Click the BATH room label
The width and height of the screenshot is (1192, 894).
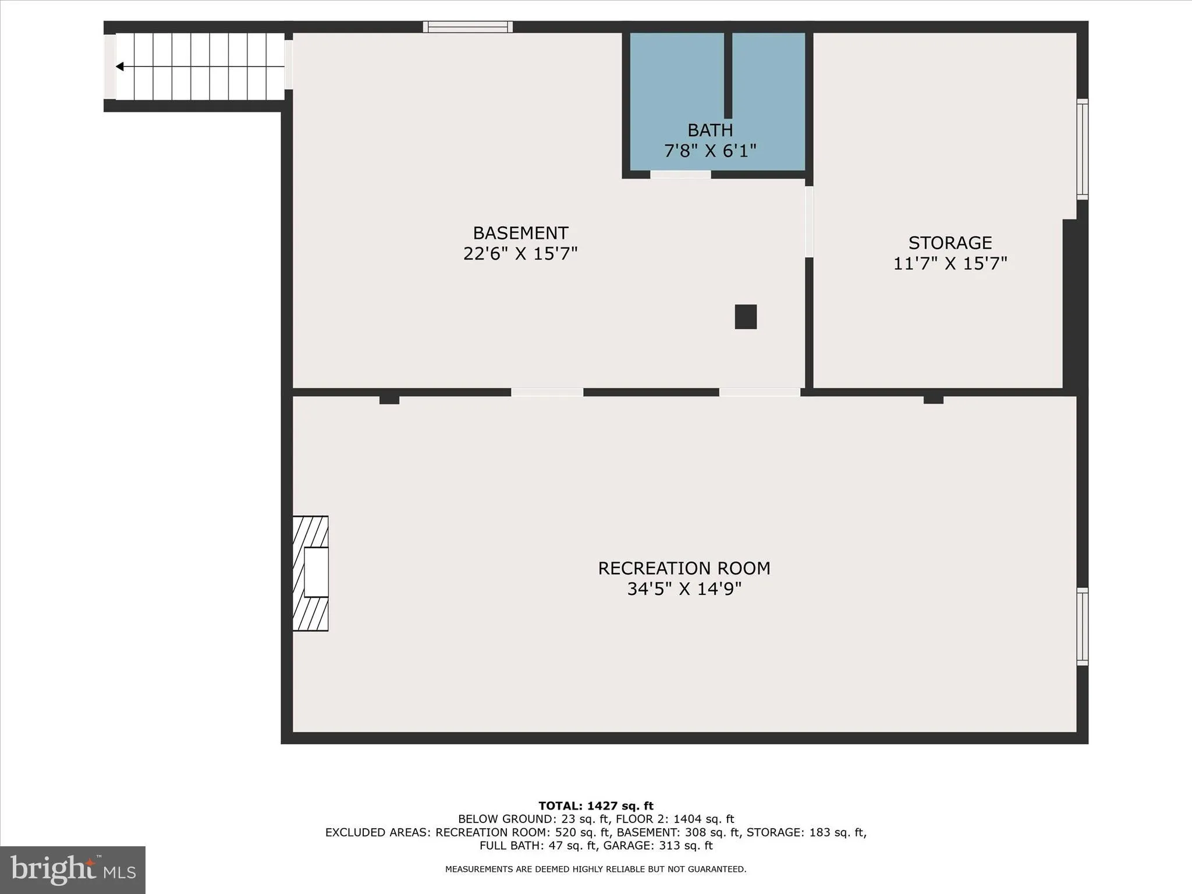tap(709, 130)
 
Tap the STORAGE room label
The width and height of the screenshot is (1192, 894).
tap(950, 242)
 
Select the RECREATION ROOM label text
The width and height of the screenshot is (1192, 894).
tap(684, 568)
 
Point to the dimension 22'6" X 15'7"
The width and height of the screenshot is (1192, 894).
tap(520, 254)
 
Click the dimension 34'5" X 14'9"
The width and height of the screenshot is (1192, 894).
tap(684, 589)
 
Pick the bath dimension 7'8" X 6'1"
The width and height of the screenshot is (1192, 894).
tap(709, 151)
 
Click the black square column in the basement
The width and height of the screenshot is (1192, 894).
tap(746, 317)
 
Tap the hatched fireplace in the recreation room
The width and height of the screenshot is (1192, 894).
tap(310, 573)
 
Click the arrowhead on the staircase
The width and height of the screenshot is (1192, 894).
tap(120, 67)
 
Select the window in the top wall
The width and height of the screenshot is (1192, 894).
tap(467, 27)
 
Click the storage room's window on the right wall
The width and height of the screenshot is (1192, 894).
tap(1082, 149)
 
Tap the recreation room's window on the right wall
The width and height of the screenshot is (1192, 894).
tap(1082, 626)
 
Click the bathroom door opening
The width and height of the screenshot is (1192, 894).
tap(680, 175)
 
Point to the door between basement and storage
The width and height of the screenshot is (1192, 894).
tap(808, 221)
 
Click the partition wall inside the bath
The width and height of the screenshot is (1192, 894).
tap(728, 76)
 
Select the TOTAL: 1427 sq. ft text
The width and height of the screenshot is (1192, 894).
tap(595, 806)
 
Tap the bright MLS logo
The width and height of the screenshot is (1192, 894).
tap(73, 870)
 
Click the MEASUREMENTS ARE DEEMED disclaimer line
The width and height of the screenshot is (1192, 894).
tap(595, 869)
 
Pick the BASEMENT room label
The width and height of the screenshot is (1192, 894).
tap(520, 233)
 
